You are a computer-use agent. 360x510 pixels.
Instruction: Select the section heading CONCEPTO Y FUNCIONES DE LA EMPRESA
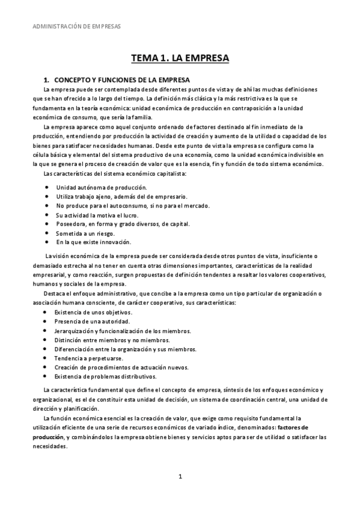[122, 79]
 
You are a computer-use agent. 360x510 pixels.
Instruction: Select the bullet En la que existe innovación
[93, 242]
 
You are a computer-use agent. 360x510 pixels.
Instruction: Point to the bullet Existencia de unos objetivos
[93, 313]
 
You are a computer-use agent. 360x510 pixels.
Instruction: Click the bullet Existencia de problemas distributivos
[106, 376]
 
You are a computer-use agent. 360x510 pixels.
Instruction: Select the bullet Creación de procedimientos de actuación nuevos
[121, 367]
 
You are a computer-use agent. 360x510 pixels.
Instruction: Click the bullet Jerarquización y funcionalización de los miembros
[123, 331]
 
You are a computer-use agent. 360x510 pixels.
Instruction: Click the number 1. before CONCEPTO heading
[46, 79]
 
